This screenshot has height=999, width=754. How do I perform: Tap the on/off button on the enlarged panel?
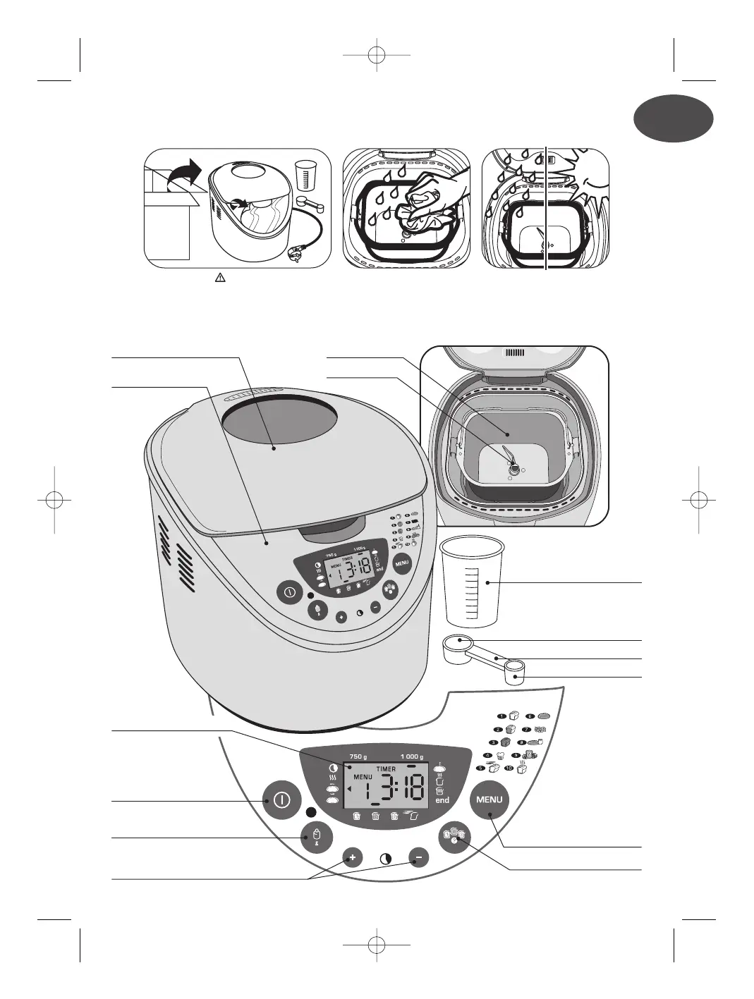(x=281, y=799)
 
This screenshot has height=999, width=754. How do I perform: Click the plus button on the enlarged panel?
(x=353, y=858)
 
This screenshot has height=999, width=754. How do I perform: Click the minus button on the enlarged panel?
(x=418, y=858)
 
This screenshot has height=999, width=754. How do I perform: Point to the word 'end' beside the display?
(x=442, y=801)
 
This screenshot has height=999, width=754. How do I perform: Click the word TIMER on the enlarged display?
(x=386, y=769)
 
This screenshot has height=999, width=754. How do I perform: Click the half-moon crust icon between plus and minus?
(x=386, y=859)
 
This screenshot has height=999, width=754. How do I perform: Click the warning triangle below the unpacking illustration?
(x=219, y=278)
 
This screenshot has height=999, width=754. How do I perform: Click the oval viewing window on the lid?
(x=279, y=428)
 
